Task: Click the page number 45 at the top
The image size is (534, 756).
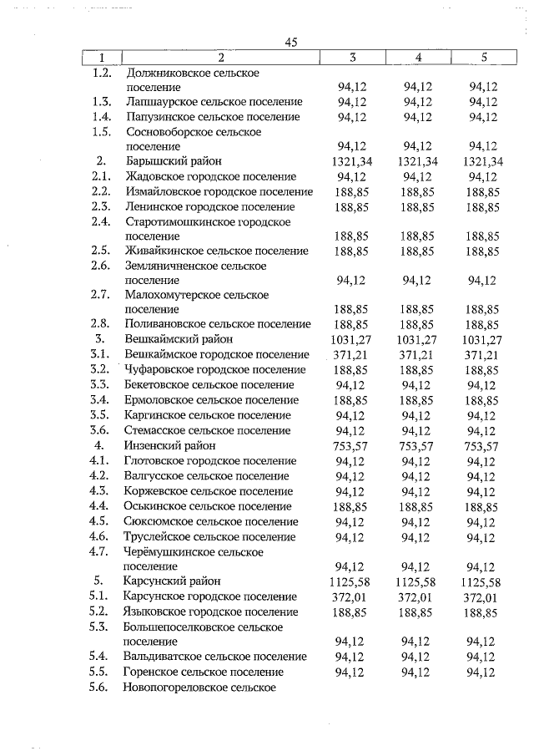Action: (x=290, y=43)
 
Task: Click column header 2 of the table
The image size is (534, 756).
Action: (x=220, y=58)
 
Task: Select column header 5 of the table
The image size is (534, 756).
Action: (x=483, y=58)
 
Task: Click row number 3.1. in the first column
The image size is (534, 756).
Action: (x=100, y=354)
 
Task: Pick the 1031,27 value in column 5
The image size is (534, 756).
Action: (x=482, y=340)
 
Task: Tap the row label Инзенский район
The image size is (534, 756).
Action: (x=168, y=446)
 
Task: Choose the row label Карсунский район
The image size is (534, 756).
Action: (x=172, y=581)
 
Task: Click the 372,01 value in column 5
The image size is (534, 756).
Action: (x=482, y=596)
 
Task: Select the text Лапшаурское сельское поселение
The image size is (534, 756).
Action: (x=213, y=102)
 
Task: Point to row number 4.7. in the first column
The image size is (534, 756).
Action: (x=100, y=551)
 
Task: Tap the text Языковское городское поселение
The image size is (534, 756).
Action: (x=210, y=611)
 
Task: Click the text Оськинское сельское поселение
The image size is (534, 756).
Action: (x=209, y=506)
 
